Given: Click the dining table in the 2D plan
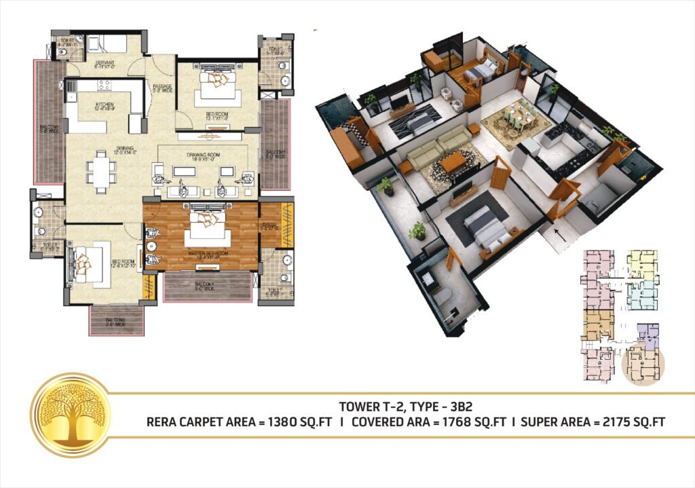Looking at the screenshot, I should [100, 170].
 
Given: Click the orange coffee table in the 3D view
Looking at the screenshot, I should [453, 162].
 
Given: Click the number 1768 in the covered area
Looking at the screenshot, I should [457, 421].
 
